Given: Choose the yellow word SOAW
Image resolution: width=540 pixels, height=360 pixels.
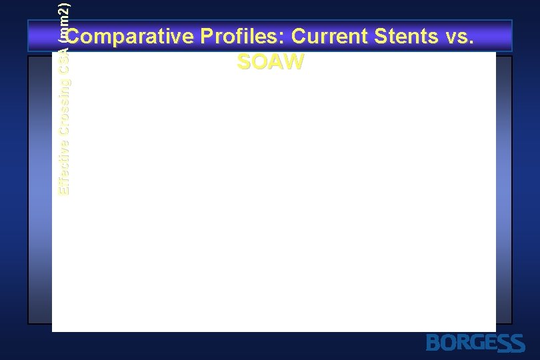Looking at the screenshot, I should [x=270, y=62].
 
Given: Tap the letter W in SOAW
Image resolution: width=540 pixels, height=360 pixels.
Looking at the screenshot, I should [x=293, y=62].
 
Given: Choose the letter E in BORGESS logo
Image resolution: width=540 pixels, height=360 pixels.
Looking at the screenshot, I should [x=490, y=343].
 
